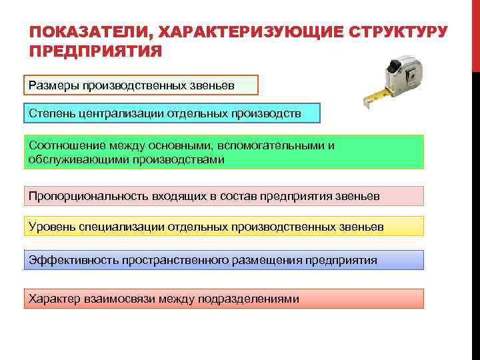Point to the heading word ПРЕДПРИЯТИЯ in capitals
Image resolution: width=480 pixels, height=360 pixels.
96,52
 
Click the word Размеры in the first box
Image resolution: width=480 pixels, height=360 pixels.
52,85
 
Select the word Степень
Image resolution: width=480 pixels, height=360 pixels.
52,113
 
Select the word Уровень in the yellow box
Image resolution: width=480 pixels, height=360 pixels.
52,227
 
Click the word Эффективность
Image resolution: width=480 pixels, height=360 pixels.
73,260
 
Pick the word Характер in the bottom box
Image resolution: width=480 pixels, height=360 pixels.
54,299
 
